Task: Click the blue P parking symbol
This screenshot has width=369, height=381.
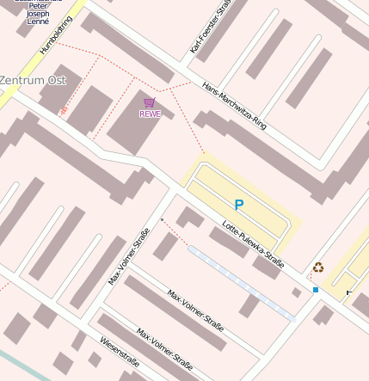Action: [x=238, y=205]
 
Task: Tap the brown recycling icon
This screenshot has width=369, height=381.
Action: [x=318, y=267]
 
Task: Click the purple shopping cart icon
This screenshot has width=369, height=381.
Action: [x=150, y=102]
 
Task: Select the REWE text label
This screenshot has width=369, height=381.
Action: [x=150, y=114]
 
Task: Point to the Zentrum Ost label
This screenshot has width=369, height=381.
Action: [x=33, y=80]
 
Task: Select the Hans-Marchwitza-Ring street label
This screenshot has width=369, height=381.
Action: [x=235, y=106]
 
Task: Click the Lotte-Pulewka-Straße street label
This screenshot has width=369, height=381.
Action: [x=253, y=244]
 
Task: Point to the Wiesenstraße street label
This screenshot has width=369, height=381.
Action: [x=120, y=351]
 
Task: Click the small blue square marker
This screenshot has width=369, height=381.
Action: [x=316, y=290]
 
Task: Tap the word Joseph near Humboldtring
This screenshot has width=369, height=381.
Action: [x=38, y=14]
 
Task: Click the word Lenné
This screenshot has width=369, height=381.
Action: [x=38, y=22]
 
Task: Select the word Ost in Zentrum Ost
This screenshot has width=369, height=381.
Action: [x=57, y=80]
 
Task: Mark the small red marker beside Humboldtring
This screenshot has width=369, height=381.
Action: [x=63, y=111]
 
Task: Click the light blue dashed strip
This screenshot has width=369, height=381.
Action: [x=241, y=283]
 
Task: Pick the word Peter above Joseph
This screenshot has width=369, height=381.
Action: [x=38, y=6]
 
